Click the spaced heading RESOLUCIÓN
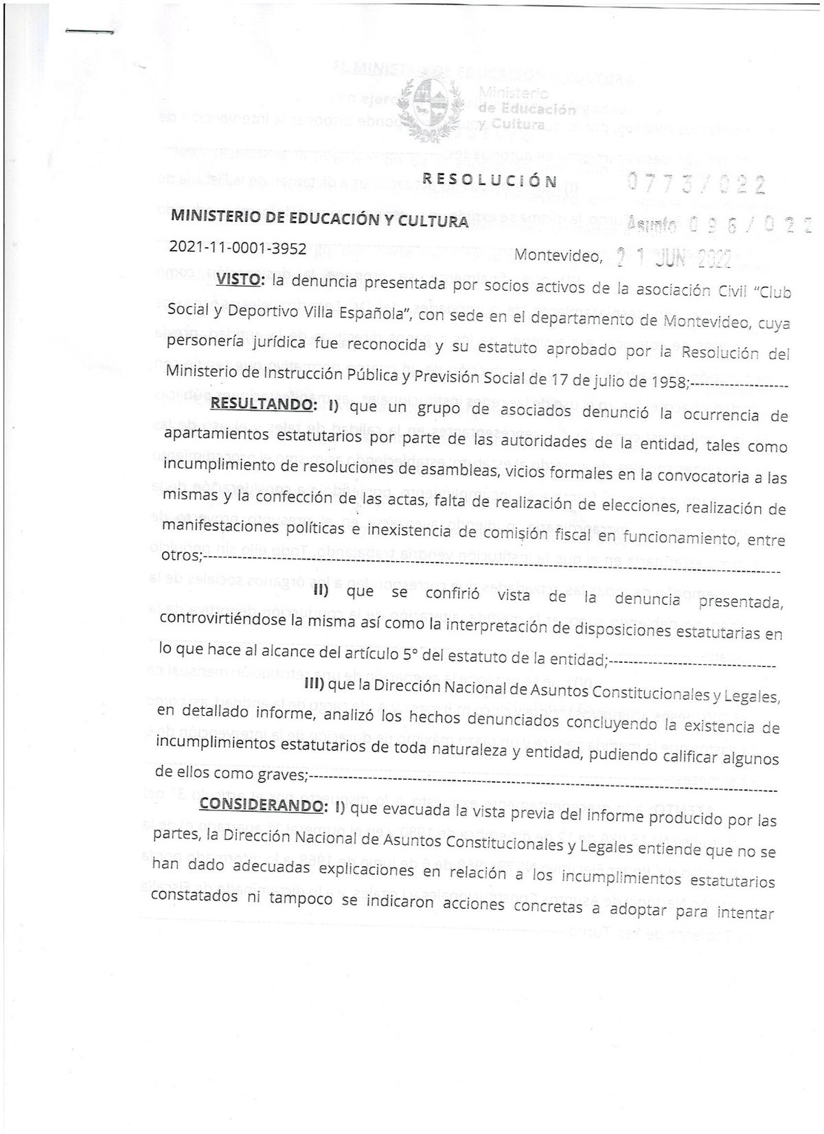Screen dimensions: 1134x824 click(490, 181)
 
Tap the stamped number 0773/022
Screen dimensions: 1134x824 click(697, 183)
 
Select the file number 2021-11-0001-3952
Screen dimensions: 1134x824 click(238, 249)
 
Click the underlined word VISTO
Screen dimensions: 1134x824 click(238, 279)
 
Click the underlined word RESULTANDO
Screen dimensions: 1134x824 click(260, 404)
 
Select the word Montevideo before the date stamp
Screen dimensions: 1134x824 click(558, 256)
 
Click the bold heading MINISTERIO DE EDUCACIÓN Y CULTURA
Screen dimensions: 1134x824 click(319, 219)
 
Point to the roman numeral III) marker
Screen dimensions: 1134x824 click(314, 684)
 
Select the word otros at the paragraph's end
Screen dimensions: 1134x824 click(179, 554)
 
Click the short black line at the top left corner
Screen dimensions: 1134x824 click(89, 32)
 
